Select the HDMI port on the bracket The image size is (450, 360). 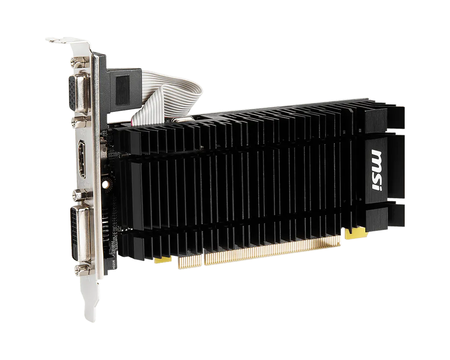click(x=82, y=160)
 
